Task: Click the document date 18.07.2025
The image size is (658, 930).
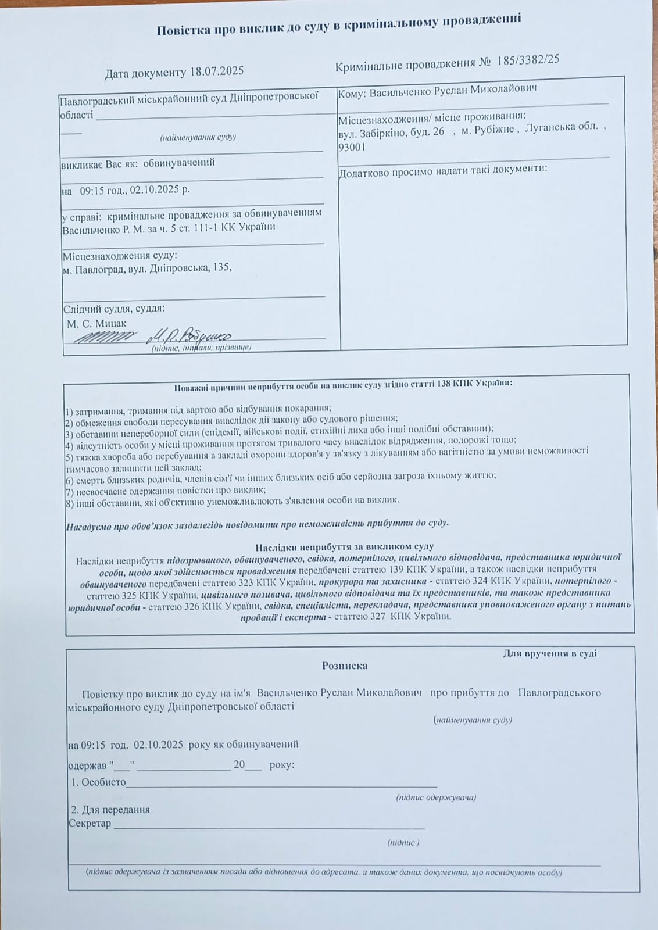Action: (x=216, y=72)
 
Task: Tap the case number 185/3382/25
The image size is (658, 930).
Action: (x=528, y=61)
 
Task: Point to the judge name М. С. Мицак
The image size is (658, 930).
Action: (x=96, y=323)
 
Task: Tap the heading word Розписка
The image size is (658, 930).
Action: (x=345, y=666)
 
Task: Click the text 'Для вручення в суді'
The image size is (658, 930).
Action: (x=549, y=653)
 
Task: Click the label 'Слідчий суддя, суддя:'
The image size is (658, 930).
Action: (x=113, y=309)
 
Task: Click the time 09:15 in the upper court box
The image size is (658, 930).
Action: (x=92, y=190)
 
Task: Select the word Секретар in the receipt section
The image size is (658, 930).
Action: (x=90, y=823)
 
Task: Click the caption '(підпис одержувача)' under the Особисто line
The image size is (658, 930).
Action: (x=436, y=797)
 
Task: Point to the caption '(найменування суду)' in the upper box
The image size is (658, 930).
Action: (x=198, y=138)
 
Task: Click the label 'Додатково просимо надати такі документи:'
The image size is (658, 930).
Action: (x=443, y=171)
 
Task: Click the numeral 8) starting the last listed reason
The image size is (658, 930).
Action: (x=69, y=500)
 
